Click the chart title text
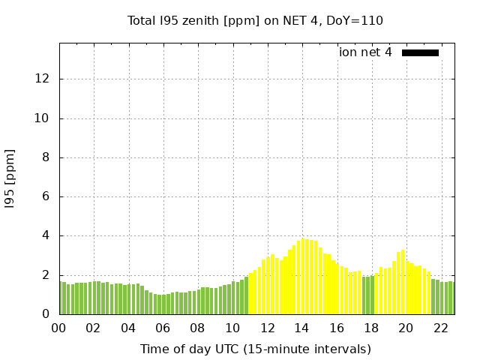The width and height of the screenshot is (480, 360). (x=255, y=20)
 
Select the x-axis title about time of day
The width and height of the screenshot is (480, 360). (x=255, y=349)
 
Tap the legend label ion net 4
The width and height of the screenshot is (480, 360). (x=365, y=52)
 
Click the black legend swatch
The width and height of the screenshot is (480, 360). (x=420, y=52)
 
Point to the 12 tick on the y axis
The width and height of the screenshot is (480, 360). (x=44, y=79)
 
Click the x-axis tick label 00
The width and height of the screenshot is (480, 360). (x=59, y=328)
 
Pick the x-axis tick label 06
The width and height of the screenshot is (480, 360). (x=163, y=328)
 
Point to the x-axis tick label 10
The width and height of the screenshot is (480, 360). (x=232, y=328)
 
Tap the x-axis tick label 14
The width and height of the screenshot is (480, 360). (x=301, y=328)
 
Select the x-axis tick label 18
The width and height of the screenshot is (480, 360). (x=370, y=328)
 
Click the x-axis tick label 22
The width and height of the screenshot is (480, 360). (x=440, y=328)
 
